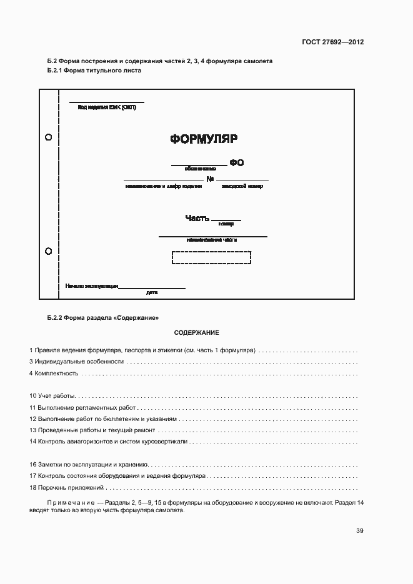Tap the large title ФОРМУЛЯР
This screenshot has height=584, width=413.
pyautogui.click(x=204, y=139)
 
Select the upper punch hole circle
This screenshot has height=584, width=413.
pyautogui.click(x=49, y=137)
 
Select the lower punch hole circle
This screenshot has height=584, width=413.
pyautogui.click(x=49, y=251)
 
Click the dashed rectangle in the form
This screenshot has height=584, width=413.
pyautogui.click(x=211, y=258)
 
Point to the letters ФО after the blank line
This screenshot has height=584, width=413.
pyautogui.click(x=236, y=163)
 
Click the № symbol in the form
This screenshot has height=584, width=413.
pyautogui.click(x=211, y=179)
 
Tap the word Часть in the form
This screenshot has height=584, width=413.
pyautogui.click(x=197, y=218)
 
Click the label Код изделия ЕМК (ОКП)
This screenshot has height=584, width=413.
pyautogui.click(x=106, y=107)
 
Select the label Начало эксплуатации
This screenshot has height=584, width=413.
pyautogui.click(x=91, y=286)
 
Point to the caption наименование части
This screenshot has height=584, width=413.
pyautogui.click(x=212, y=239)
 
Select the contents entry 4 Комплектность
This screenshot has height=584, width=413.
pyautogui.click(x=54, y=374)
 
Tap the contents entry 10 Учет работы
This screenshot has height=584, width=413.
pyautogui.click(x=52, y=396)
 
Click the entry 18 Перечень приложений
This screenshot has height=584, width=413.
pyautogui.click(x=66, y=487)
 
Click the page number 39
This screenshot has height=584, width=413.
pyautogui.click(x=359, y=531)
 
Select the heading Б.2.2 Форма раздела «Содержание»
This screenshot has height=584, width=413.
pyautogui.click(x=99, y=317)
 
